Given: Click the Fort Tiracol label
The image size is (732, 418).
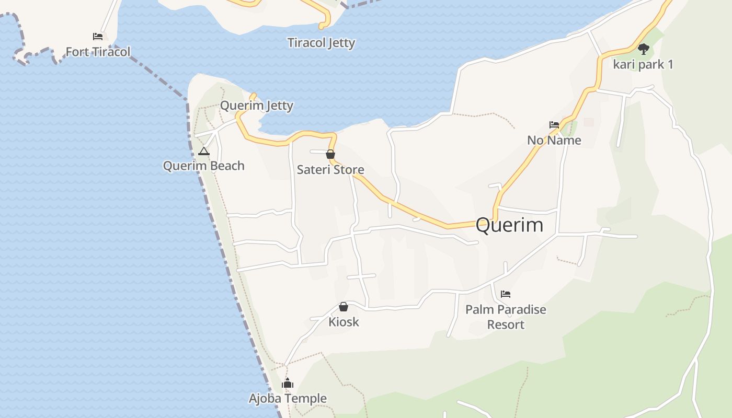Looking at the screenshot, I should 98,52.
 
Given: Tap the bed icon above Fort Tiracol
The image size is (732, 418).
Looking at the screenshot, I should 98,37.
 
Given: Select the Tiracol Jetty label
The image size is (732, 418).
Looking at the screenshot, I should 321,43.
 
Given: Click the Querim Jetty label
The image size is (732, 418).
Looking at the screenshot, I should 256,106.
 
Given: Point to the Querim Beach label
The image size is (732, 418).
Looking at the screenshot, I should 203,166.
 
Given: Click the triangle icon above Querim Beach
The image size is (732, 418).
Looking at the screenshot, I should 204,152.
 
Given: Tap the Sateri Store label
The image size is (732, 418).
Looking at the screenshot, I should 330,170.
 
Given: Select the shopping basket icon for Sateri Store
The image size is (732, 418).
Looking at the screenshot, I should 330,154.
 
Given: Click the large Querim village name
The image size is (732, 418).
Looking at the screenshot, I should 509,225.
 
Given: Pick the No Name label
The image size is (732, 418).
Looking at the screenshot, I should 554,140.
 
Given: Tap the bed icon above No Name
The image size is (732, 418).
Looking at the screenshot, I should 554,125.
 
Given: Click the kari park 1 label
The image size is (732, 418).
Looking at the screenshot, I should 643,65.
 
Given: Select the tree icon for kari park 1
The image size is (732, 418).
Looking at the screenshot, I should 644,49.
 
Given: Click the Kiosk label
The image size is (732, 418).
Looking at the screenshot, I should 344,322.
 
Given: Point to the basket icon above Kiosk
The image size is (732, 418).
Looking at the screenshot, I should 344,307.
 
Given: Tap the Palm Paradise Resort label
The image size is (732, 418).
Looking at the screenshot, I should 506,317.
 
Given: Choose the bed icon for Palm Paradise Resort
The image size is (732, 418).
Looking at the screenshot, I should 505,294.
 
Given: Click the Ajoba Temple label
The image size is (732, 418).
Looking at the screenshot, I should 288,399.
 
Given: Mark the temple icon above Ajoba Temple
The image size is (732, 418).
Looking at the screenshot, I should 288,384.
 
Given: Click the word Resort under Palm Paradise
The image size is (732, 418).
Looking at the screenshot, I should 506,324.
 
